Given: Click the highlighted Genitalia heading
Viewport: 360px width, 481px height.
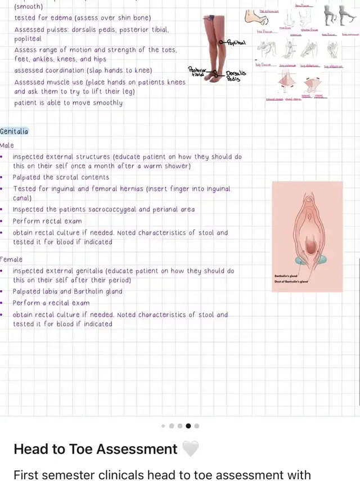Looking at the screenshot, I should click(14, 132).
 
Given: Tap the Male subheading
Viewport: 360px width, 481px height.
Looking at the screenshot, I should click(7, 145).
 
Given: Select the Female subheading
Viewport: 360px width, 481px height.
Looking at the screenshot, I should click(11, 259).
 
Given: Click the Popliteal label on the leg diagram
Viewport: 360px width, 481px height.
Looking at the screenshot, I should click(236, 43).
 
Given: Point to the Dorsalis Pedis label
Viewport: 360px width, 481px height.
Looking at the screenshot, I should click(236, 77).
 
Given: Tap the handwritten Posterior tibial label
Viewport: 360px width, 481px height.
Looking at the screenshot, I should click(197, 71).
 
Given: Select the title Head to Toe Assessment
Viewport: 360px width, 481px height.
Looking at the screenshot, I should click(96, 449).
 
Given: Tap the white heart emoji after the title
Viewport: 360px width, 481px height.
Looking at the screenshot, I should click(191, 449).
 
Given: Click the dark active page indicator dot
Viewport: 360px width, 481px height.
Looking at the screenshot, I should click(188, 426).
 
